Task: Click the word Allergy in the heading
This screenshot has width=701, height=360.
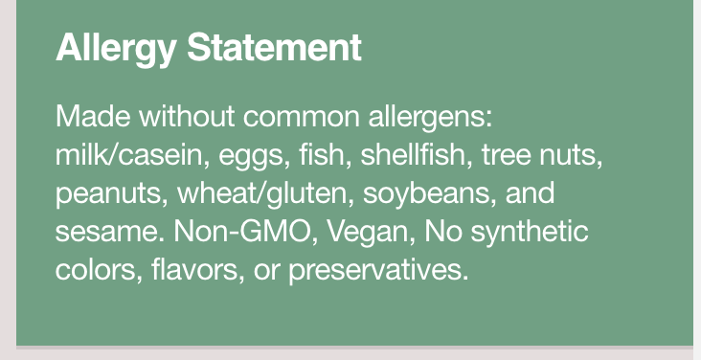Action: pos(116,49)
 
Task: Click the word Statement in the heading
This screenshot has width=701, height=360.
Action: pos(274,47)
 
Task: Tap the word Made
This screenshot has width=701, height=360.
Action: pos(93,116)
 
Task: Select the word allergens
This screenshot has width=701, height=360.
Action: pos(430,119)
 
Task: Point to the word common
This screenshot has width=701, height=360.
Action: pos(302,118)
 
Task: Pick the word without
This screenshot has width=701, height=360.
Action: pos(187,116)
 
